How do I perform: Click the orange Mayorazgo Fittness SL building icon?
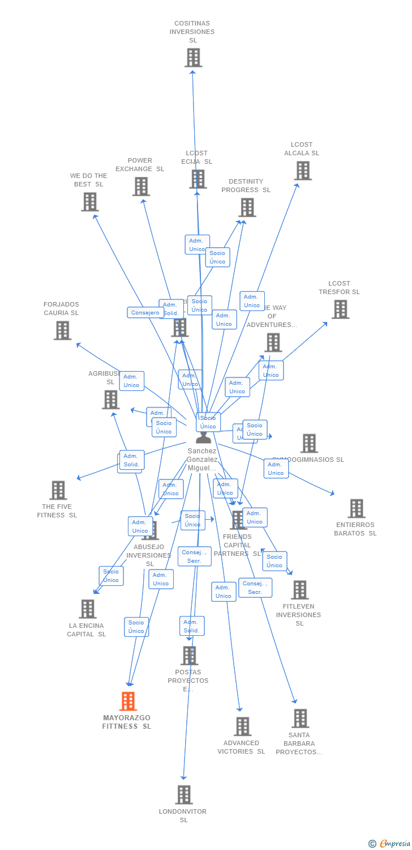pos(128,701)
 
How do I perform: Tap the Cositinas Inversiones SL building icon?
pos(193,57)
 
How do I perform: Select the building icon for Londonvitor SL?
pos(183,794)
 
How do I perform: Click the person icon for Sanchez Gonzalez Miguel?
pos(203,436)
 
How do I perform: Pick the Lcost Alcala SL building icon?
pos(303,171)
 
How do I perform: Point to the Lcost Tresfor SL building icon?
pos(340,309)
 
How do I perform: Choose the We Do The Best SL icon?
pos(90,202)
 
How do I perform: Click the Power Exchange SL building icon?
pos(141,186)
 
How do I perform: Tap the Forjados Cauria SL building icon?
pos(62,330)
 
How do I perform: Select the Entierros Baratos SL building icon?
pos(356,508)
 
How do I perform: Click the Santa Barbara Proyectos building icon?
pos(300,718)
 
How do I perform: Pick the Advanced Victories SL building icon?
pos(242,726)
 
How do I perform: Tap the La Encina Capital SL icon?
pos(87,609)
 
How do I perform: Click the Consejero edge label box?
pos(145,312)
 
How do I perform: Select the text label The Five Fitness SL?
pos(57,511)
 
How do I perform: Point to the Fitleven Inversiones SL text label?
pos(299,615)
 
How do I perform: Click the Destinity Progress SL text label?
pos(246,186)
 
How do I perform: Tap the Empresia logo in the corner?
pos(390,844)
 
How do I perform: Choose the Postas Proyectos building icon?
pos(189,656)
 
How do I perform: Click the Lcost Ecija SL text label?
pos(197,158)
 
